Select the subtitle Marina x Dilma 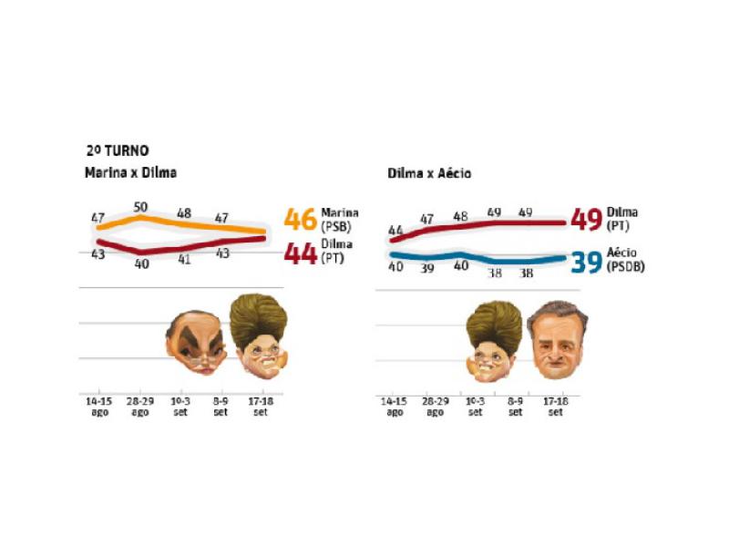pyautogui.click(x=130, y=172)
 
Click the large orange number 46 pyautogui.click(x=300, y=220)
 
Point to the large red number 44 pyautogui.click(x=300, y=252)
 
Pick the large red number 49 pyautogui.click(x=586, y=220)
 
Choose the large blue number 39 pyautogui.click(x=586, y=263)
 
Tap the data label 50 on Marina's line pyautogui.click(x=141, y=207)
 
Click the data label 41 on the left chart pyautogui.click(x=183, y=259)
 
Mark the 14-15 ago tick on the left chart pyautogui.click(x=98, y=406)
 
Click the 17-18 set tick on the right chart pyautogui.click(x=556, y=406)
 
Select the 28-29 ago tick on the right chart pyautogui.click(x=436, y=406)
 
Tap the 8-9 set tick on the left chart pyautogui.click(x=221, y=406)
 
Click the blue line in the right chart pyautogui.click(x=474, y=257)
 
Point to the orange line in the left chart pyautogui.click(x=182, y=223)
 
